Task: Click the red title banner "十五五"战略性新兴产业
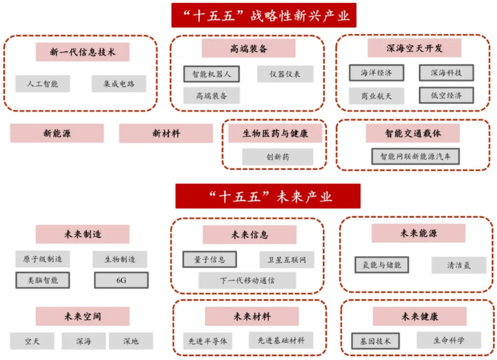(266, 15)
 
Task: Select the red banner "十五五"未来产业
(267, 197)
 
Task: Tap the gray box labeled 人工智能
(42, 84)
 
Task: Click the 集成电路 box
(119, 84)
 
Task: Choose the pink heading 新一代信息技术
(82, 52)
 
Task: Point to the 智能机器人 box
(211, 74)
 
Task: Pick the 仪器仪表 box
(285, 74)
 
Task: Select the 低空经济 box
(446, 96)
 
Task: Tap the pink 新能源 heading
(57, 134)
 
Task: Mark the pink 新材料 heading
(166, 134)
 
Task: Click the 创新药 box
(277, 157)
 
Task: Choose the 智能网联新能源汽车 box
(415, 156)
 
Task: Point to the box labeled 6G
(121, 280)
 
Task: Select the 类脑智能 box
(42, 280)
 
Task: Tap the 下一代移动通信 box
(247, 280)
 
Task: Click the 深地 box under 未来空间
(131, 341)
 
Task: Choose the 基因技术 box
(375, 341)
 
